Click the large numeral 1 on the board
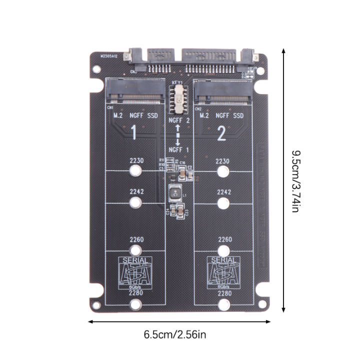[133, 132]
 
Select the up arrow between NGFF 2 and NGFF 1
[177, 130]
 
